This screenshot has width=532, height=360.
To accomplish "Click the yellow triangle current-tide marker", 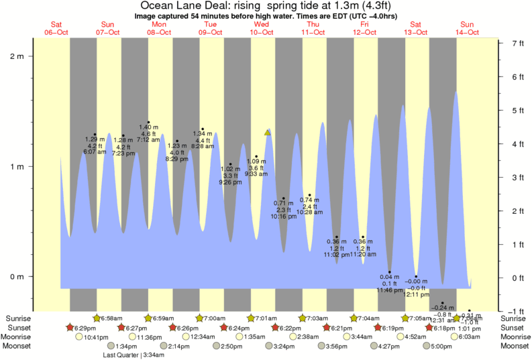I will click(268, 132).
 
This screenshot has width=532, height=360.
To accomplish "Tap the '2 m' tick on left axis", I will click(17, 56).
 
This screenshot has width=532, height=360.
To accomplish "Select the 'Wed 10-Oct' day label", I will click(261, 28).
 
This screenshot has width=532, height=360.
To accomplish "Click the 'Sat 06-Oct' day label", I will click(56, 28).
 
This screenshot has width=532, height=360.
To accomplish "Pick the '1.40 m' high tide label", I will click(148, 127).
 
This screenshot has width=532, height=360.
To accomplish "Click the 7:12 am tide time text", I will click(148, 139).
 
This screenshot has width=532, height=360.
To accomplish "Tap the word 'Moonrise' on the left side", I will click(18, 337).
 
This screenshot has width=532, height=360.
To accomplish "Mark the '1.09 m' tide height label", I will click(256, 161).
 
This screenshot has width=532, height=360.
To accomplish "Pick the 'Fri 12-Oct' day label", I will click(364, 28).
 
